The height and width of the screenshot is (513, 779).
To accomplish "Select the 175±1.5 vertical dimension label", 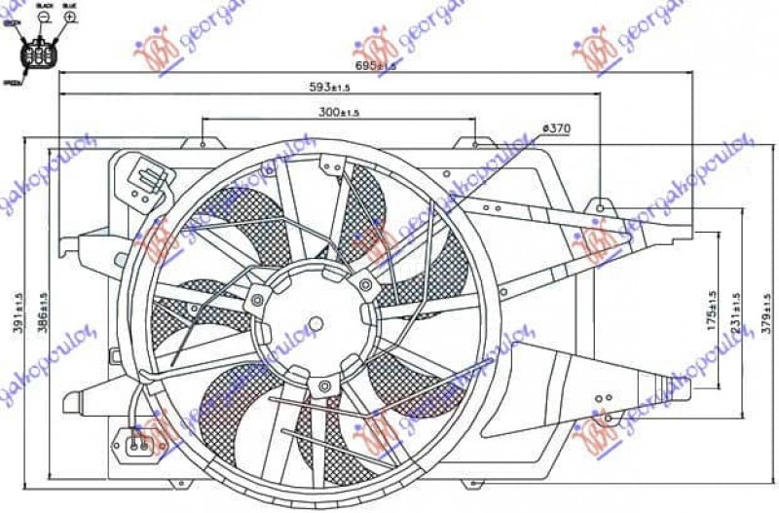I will (x=712, y=310).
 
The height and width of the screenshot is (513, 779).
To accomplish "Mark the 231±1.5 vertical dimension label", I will (x=736, y=310).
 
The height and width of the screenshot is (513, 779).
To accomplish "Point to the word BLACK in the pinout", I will (x=44, y=6).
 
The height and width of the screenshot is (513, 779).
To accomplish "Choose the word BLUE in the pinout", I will (x=69, y=6).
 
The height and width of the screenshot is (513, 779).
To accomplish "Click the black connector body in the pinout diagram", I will (x=42, y=55).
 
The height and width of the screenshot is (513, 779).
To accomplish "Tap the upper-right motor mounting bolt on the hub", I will (x=365, y=284).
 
